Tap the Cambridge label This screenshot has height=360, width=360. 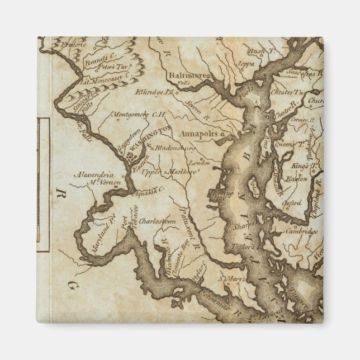(302, 231)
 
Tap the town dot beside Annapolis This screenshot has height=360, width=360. (221, 135)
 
